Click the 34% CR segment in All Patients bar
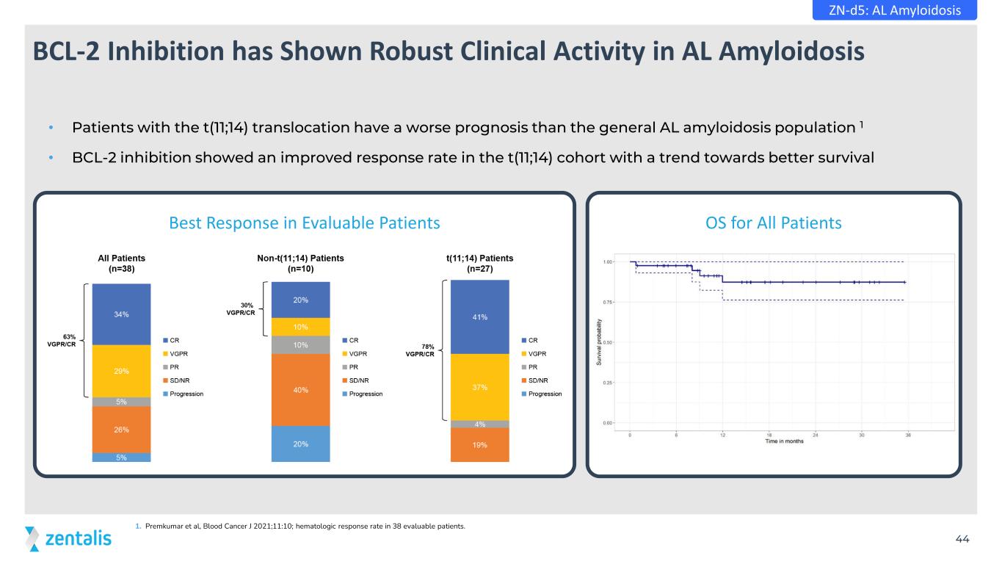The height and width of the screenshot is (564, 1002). (x=121, y=314)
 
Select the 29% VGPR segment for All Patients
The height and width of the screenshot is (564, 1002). (x=121, y=371)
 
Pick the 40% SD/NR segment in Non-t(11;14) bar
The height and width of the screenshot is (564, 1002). (x=301, y=390)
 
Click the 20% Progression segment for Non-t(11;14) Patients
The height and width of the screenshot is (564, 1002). (x=301, y=444)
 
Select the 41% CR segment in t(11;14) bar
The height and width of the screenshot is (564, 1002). (x=479, y=317)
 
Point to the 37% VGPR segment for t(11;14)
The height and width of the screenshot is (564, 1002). (x=479, y=387)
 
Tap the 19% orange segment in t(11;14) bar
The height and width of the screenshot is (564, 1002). (x=479, y=445)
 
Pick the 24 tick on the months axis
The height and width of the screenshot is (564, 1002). (x=816, y=435)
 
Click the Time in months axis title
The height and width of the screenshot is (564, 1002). (x=784, y=441)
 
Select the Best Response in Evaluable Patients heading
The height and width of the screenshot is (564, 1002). (x=304, y=223)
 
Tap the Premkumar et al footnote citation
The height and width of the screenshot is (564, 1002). (x=301, y=526)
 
